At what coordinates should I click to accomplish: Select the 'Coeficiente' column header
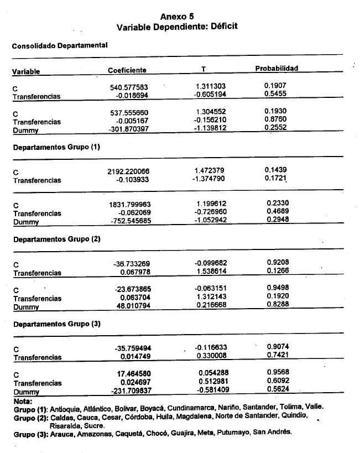[127, 70]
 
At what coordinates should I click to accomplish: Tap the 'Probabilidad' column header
[276, 69]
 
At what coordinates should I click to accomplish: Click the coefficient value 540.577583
[130, 87]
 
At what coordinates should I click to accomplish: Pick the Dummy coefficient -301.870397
[129, 129]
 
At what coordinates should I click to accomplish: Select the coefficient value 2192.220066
[128, 172]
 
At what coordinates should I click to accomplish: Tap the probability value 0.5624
[278, 389]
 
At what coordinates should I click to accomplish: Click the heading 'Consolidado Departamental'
[59, 46]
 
